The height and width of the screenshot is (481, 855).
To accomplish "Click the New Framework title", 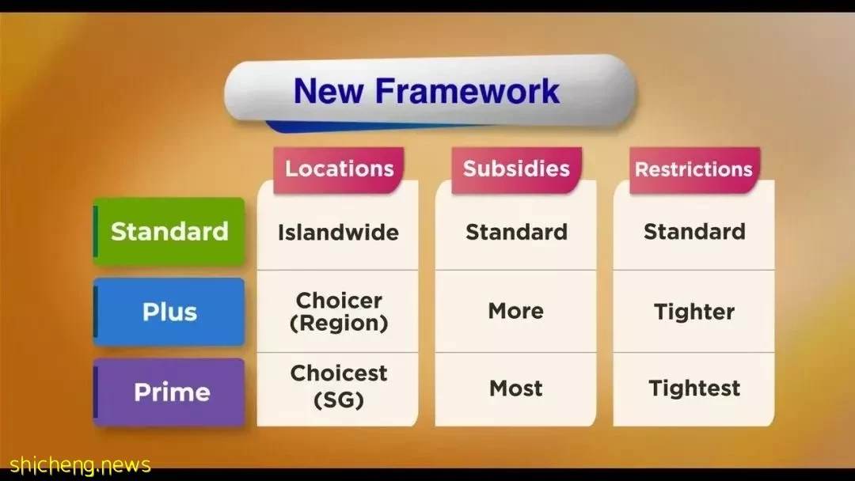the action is point(427,90).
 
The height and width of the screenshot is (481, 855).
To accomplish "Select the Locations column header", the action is point(339,169).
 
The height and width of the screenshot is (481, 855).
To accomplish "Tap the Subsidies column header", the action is point(516,169).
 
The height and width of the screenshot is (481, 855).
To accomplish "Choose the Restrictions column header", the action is point(694,169).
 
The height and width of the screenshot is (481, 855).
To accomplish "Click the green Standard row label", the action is point(169,232).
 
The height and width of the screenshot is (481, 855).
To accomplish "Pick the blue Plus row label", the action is point(169,312).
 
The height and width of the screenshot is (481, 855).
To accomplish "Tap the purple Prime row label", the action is point(169,392).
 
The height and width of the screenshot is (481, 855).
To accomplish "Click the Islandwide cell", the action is point(338,233).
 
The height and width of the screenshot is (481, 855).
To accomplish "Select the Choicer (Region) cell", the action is point(339,312).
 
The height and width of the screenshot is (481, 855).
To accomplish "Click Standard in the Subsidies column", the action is point(516,232).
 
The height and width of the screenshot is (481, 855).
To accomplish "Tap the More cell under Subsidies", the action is point(516,311).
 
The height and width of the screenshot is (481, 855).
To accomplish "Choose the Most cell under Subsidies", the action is point(516,388).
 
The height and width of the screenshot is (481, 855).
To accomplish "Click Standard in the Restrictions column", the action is point(694,232).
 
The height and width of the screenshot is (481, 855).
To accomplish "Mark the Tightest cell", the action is point(694,388).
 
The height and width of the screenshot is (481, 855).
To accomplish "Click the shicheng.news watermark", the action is point(80,465).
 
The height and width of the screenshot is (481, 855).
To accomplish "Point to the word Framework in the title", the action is point(467,90).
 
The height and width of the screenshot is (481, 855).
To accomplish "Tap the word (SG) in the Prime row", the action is point(339,400).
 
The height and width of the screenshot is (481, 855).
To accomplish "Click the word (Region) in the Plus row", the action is point(339,324).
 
